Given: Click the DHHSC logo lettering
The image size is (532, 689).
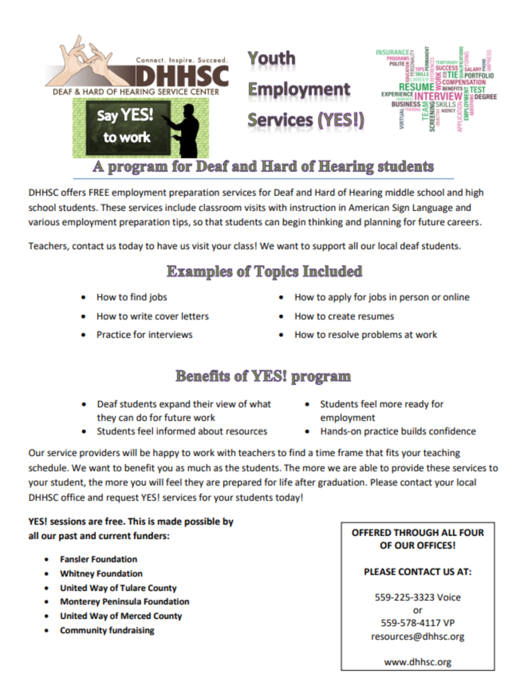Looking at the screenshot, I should [182, 75].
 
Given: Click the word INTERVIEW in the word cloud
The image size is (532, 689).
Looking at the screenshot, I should [438, 96].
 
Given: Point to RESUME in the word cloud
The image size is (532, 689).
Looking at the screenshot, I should [416, 87].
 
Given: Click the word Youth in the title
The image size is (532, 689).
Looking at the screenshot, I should [272, 58].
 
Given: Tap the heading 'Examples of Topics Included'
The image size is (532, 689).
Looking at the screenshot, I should [264, 271].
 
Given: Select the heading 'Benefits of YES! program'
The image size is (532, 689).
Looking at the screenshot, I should [263, 376].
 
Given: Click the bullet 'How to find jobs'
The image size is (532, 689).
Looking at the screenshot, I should [132, 297].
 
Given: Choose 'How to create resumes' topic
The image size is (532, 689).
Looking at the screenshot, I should [344, 316].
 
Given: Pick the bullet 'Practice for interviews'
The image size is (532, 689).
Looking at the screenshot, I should [144, 335].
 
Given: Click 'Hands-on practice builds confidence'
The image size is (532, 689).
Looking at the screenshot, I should [398, 431].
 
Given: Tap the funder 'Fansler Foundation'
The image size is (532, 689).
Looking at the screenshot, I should [99, 559].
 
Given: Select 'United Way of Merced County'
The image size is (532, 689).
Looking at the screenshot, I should [121, 616].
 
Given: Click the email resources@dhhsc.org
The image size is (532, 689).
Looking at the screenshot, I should [418, 637].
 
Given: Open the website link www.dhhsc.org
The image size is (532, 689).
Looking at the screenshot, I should [418, 662].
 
